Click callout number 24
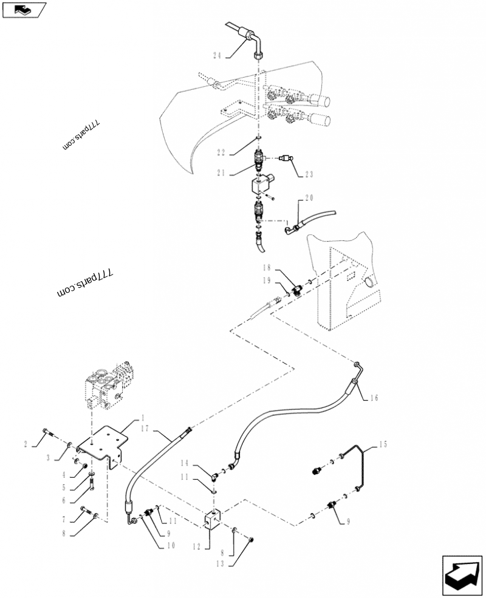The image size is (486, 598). click(x=217, y=56)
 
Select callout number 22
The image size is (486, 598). click(x=221, y=152)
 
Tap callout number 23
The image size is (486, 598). click(x=309, y=174)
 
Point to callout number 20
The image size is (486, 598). click(x=309, y=197)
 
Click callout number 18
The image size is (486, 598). click(x=267, y=268)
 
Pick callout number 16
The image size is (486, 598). click(x=374, y=398)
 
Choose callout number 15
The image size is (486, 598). click(x=383, y=444)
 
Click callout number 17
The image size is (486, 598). click(x=145, y=429)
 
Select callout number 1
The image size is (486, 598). click(x=143, y=418)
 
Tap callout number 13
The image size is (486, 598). click(x=221, y=563)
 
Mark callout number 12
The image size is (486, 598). click(x=196, y=547)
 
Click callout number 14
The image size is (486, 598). click(x=185, y=463)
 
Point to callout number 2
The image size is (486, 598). click(x=26, y=444)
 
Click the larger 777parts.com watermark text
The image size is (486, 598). click(x=85, y=284)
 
